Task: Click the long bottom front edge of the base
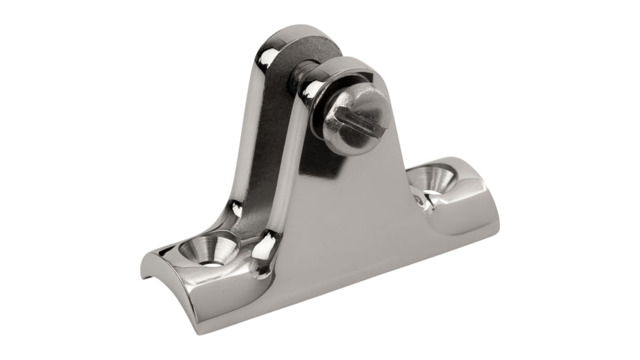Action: click(340, 301)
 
